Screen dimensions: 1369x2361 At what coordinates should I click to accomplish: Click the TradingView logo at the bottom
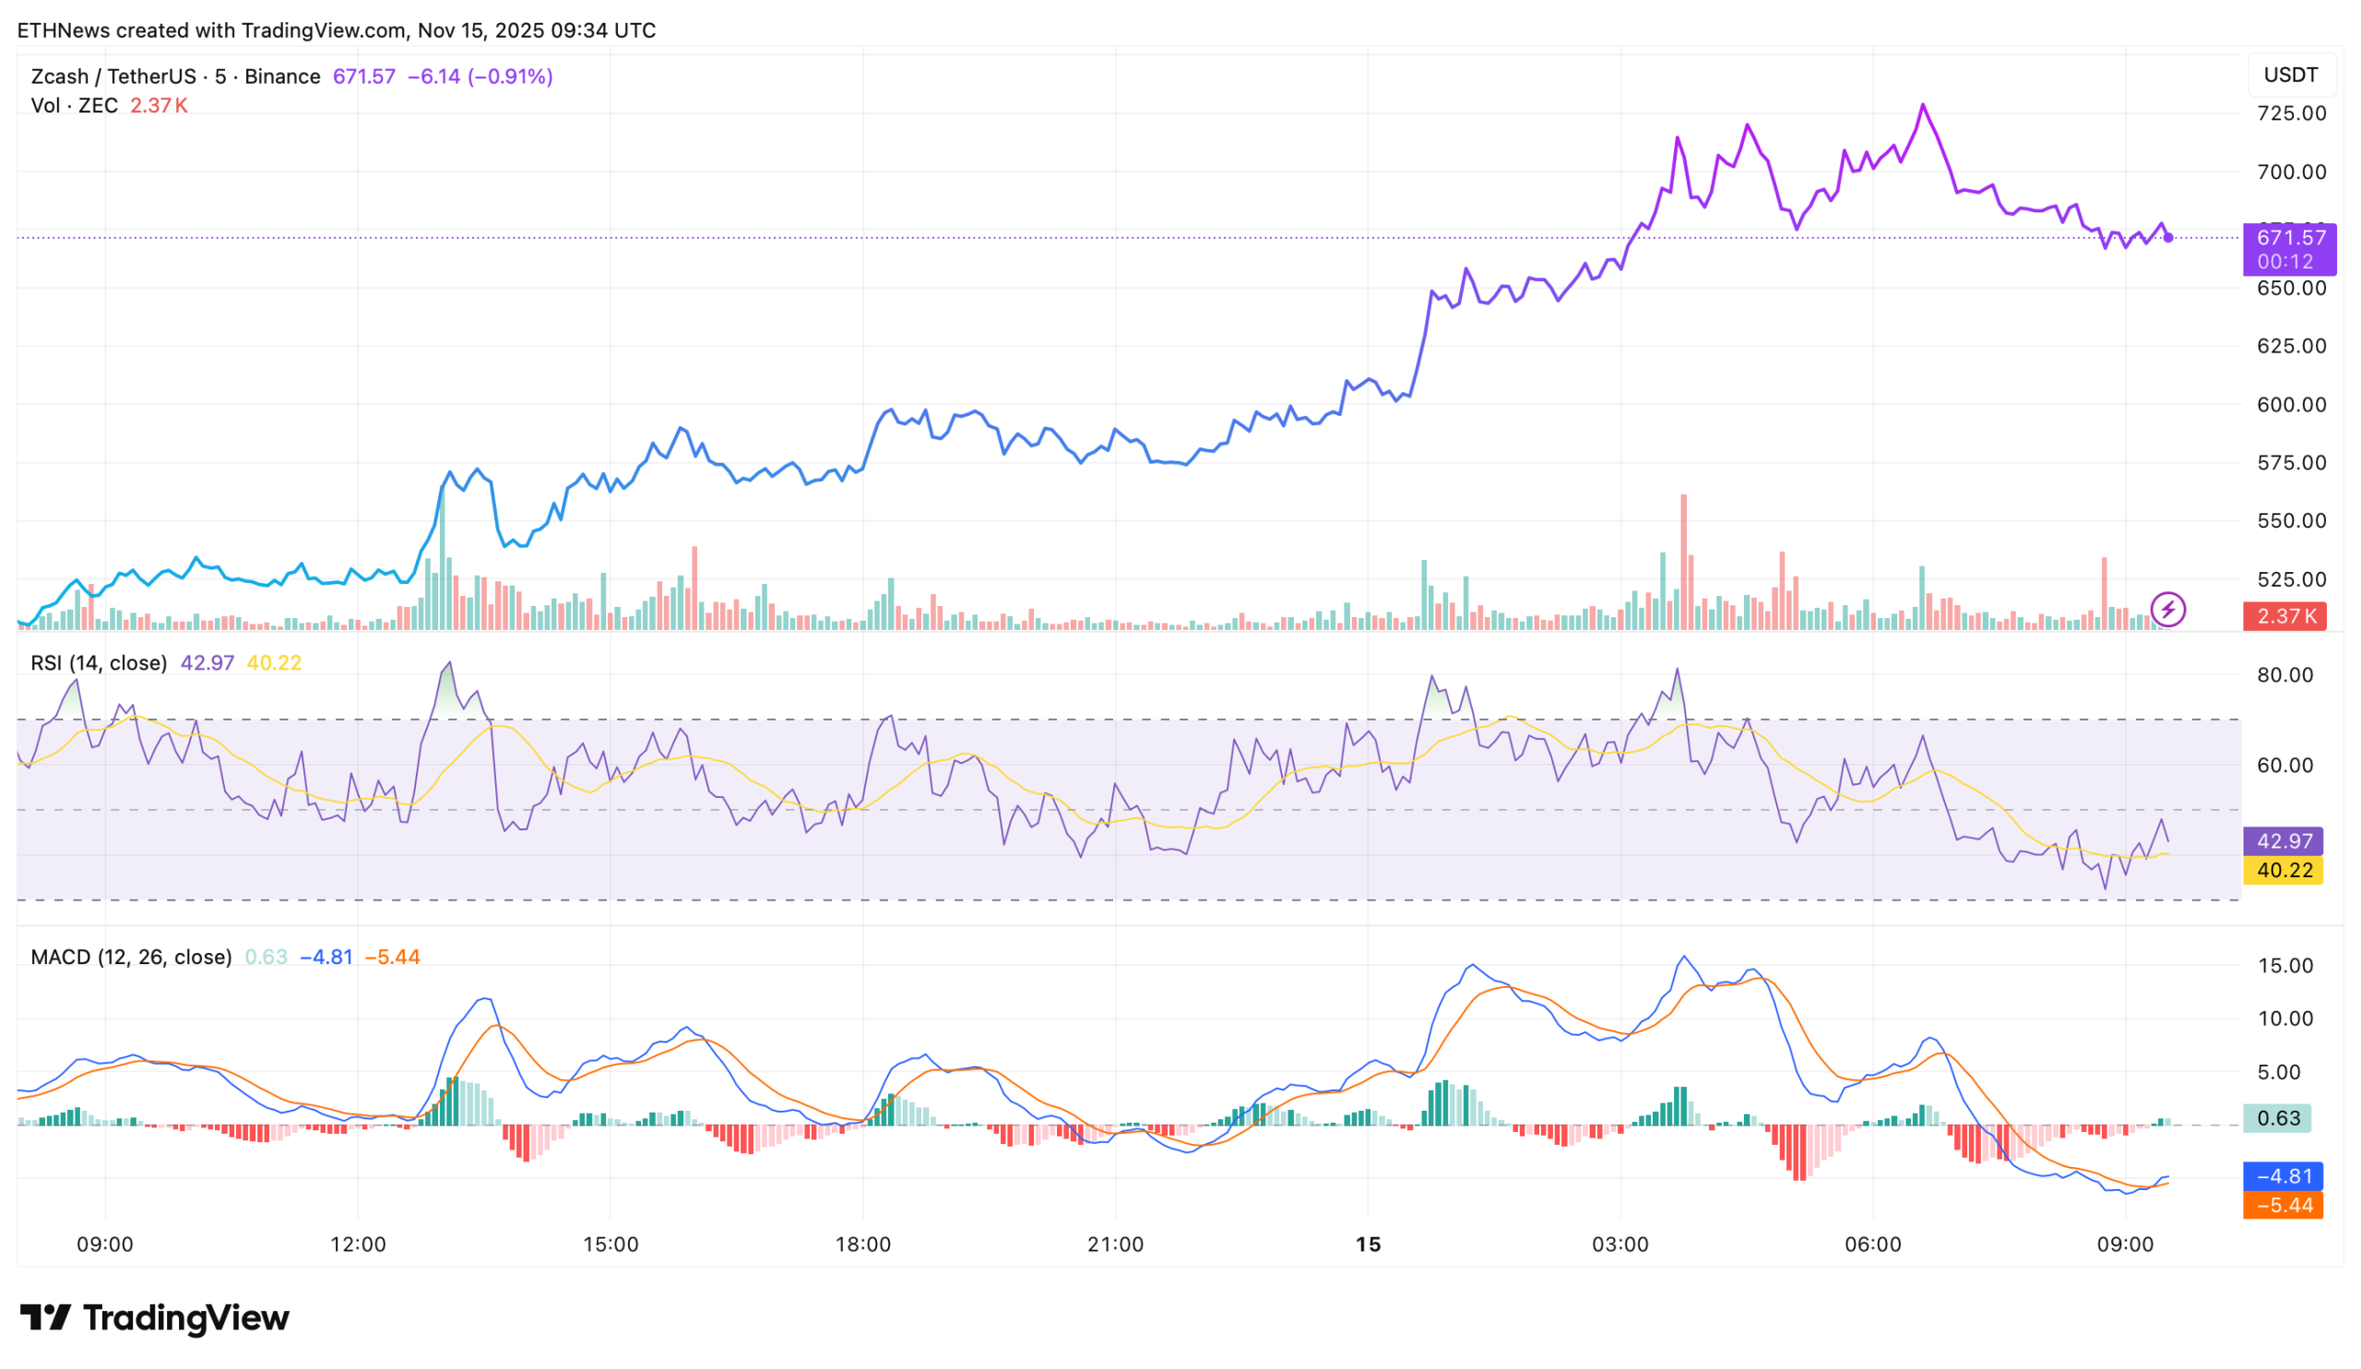click(155, 1318)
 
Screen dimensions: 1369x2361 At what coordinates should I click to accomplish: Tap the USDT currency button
click(2290, 75)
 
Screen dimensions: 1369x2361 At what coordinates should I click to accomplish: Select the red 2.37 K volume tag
click(2284, 615)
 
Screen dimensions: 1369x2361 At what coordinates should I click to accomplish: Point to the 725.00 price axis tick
click(2291, 113)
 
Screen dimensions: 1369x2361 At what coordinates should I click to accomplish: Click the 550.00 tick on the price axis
click(2291, 521)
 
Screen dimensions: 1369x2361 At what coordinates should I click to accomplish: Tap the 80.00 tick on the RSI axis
click(2285, 674)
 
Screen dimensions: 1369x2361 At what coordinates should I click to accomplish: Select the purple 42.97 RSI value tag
click(2284, 841)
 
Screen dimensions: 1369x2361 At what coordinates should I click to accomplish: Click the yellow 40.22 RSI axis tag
click(2284, 871)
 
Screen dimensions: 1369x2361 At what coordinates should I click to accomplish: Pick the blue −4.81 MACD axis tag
click(2284, 1176)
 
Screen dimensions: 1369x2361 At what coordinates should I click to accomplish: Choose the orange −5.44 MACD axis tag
click(2284, 1205)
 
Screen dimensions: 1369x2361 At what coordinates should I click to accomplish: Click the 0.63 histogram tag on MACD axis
click(2278, 1118)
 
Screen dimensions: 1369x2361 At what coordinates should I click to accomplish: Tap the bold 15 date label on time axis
click(1368, 1244)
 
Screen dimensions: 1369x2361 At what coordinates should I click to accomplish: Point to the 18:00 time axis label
click(863, 1244)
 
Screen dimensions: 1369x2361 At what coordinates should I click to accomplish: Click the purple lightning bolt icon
click(2168, 610)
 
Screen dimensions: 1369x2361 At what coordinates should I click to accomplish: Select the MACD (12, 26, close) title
click(131, 957)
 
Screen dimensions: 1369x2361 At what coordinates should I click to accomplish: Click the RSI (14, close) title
click(99, 663)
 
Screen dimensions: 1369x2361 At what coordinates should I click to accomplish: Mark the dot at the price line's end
click(2168, 238)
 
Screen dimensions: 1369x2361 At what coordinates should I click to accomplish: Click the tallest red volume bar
click(1684, 562)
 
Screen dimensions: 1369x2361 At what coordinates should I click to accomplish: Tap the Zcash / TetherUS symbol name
click(113, 77)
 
